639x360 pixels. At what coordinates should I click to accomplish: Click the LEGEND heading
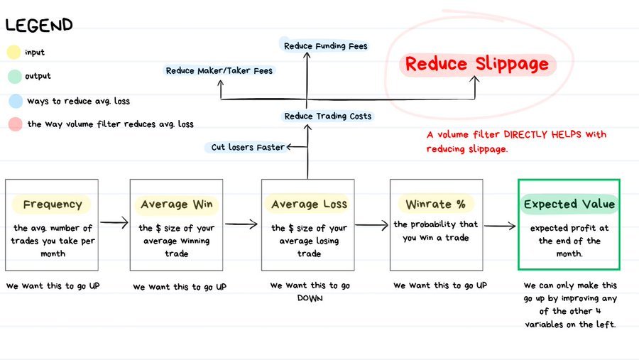pos(39,26)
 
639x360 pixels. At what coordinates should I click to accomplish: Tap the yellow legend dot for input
pos(13,53)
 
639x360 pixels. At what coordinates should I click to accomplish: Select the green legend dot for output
pos(13,76)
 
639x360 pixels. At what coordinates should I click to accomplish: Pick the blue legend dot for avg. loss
pos(13,101)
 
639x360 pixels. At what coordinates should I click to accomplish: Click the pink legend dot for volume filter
pos(13,124)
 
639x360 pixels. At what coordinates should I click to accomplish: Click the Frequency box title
pos(52,204)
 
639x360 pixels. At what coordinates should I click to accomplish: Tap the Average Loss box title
pos(307,204)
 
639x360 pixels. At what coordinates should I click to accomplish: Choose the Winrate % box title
pos(436,204)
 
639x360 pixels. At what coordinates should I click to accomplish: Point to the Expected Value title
pos(569,204)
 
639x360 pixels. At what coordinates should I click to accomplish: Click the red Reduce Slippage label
pos(476,65)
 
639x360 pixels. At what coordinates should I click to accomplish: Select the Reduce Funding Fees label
pos(326,46)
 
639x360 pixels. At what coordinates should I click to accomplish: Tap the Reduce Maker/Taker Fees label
pos(219,71)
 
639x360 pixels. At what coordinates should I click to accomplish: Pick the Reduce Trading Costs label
pos(327,116)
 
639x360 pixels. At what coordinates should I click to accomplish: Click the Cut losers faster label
pos(248,148)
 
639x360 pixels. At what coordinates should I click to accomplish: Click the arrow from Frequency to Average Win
pos(114,223)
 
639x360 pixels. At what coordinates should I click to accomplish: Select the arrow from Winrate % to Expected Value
pos(501,227)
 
